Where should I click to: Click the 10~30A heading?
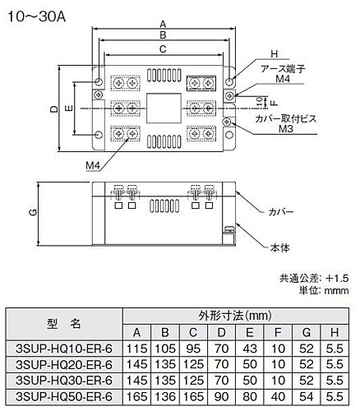pos(36,17)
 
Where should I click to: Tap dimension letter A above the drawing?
pos(163,25)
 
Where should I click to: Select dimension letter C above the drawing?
pos(163,49)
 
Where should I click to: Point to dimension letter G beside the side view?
pos(33,213)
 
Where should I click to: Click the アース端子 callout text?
pos(283,69)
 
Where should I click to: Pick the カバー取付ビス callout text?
pos(285,118)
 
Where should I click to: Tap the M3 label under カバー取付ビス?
pos(286,128)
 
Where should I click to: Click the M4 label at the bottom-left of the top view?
pos(93,165)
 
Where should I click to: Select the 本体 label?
pos(279,248)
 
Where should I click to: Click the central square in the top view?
pos(164,109)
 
